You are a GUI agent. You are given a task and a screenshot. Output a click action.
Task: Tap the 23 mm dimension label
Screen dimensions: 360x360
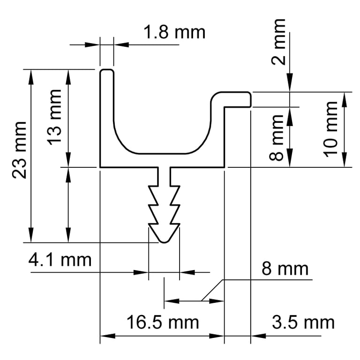click(x=19, y=150)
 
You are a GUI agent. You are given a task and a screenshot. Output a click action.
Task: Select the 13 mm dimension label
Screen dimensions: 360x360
click(x=54, y=117)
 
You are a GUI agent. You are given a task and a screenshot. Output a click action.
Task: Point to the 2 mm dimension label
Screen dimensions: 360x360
click(x=278, y=42)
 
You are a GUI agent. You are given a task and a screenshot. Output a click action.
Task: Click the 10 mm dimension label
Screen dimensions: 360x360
click(x=330, y=129)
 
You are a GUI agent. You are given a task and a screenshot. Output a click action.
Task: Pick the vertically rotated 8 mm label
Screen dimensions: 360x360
click(x=276, y=137)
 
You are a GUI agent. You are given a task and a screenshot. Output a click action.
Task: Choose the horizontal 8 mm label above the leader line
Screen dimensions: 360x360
click(x=285, y=269)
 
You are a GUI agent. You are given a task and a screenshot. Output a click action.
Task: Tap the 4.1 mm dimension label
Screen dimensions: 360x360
click(x=60, y=260)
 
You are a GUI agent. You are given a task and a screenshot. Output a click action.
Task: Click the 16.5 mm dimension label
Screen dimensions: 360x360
click(x=163, y=322)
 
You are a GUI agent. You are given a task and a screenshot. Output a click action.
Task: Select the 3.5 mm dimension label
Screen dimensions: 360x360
click(x=303, y=322)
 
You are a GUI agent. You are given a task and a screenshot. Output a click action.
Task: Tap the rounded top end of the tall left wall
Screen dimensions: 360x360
click(x=106, y=70)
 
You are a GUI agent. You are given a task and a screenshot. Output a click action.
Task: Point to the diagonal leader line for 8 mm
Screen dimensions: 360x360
click(x=212, y=290)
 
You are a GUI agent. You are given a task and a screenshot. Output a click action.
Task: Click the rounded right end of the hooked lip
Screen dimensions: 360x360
click(x=250, y=99)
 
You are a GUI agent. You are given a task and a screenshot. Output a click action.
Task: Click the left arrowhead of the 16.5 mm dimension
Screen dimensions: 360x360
click(x=108, y=336)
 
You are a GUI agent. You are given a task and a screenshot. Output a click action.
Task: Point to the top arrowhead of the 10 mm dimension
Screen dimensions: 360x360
click(x=345, y=99)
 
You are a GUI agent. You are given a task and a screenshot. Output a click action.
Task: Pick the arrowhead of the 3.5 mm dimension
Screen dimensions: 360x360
click(x=258, y=336)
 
